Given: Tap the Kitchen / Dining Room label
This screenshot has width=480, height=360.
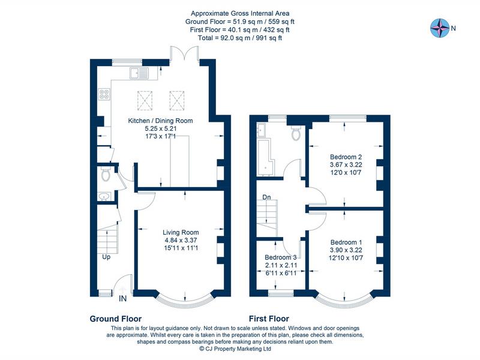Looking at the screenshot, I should (160, 121).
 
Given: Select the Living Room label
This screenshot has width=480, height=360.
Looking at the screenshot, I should (181, 232).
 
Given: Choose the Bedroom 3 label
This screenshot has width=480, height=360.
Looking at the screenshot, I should (281, 258).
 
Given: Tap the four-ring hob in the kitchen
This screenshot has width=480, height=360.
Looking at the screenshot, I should (104, 94).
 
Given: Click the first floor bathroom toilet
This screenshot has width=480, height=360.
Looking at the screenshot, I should (295, 133).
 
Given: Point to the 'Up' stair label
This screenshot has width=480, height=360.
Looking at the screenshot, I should (106, 257).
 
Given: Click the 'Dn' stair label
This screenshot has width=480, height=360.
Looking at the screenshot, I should (265, 197).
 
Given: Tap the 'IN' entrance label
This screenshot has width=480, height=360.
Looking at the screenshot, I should (123, 298).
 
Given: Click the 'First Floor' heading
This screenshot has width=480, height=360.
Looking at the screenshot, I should (269, 319).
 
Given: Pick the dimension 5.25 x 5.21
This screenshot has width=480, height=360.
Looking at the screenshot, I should (160, 128).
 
